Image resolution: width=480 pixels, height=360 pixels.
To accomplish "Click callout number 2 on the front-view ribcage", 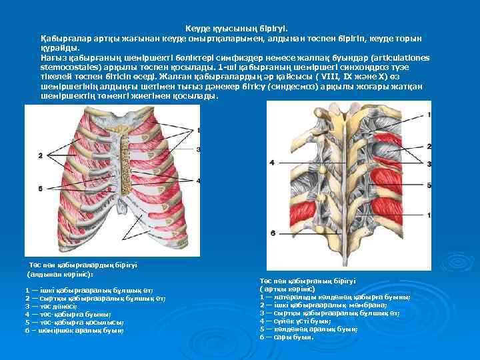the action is (x=41, y=155).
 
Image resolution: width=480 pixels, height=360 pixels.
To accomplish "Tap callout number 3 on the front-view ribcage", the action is (x=199, y=149).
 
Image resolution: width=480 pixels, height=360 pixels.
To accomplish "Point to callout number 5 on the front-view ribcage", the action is (x=41, y=189).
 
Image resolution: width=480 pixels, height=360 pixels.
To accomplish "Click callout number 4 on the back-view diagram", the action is (x=272, y=163).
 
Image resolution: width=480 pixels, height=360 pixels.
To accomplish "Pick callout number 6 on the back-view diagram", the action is (x=272, y=233).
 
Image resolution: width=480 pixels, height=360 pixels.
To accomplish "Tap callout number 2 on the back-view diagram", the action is (x=429, y=145).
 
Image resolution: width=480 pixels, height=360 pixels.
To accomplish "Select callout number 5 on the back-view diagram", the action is (x=429, y=185).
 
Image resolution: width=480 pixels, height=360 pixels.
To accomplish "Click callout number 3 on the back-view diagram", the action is (x=429, y=163).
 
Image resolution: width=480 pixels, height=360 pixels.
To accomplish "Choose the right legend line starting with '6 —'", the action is (x=287, y=337).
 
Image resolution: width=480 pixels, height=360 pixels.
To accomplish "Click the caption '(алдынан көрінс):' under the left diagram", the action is (x=60, y=274).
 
